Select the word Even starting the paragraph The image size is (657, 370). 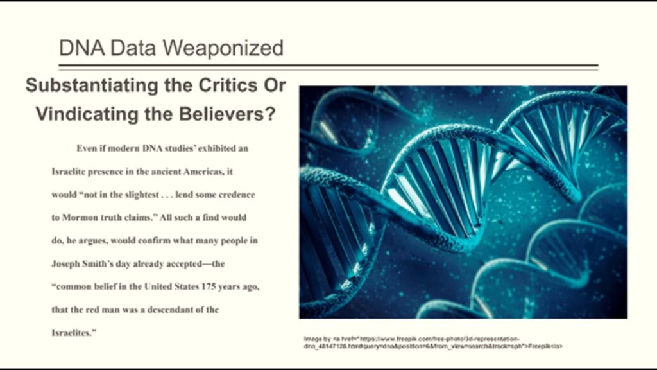point(87,148)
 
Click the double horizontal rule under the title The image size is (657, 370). point(328,66)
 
